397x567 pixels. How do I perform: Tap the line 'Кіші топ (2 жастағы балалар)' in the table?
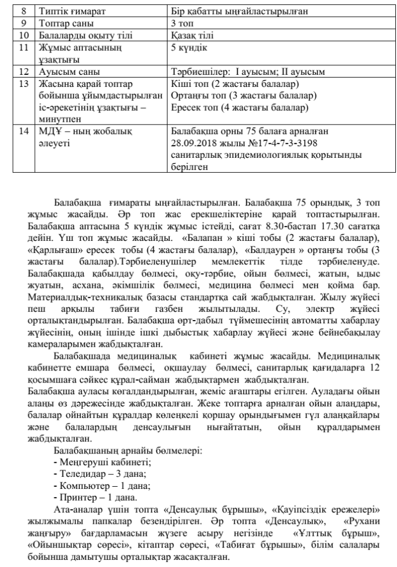pos(235,84)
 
